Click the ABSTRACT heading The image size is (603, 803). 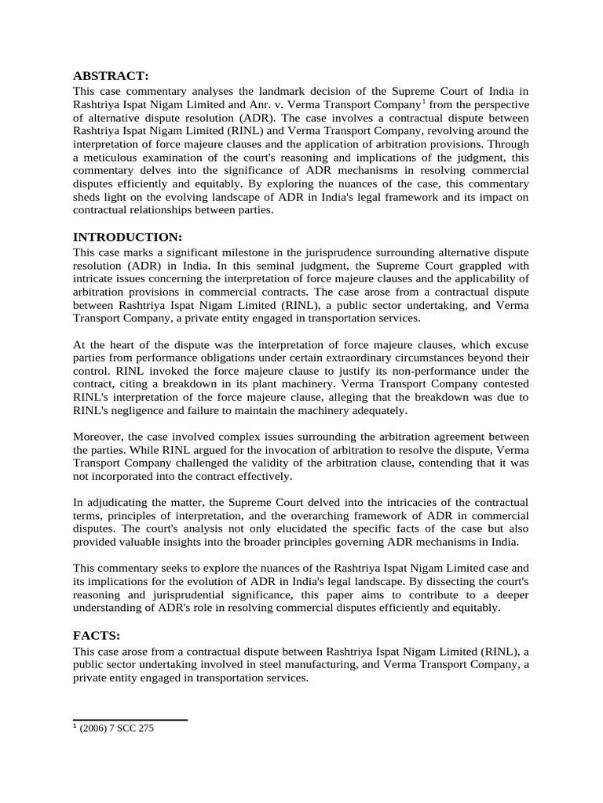tap(111, 76)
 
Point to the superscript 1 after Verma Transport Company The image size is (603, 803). tap(425, 100)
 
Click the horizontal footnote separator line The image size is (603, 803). tap(130, 719)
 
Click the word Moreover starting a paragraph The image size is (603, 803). tap(100, 436)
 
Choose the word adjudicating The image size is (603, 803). tap(120, 502)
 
